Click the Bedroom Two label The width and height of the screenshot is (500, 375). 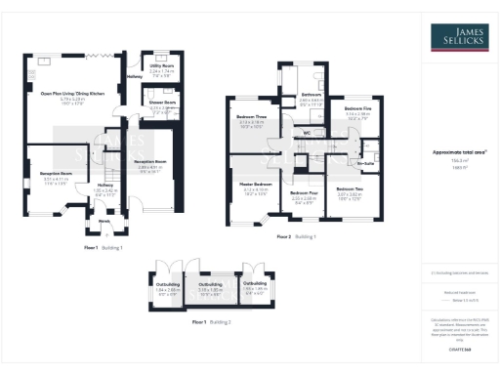[x=350, y=187]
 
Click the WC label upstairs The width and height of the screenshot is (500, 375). [x=307, y=132]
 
